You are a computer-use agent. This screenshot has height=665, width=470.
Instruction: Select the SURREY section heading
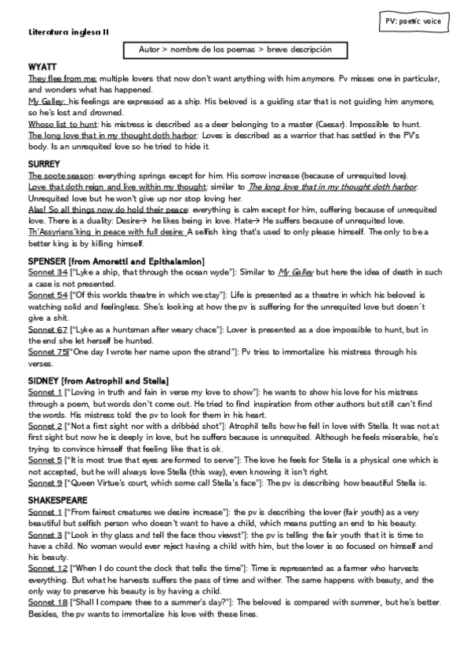click(x=42, y=165)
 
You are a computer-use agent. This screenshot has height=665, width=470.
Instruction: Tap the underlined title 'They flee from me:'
click(x=63, y=79)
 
